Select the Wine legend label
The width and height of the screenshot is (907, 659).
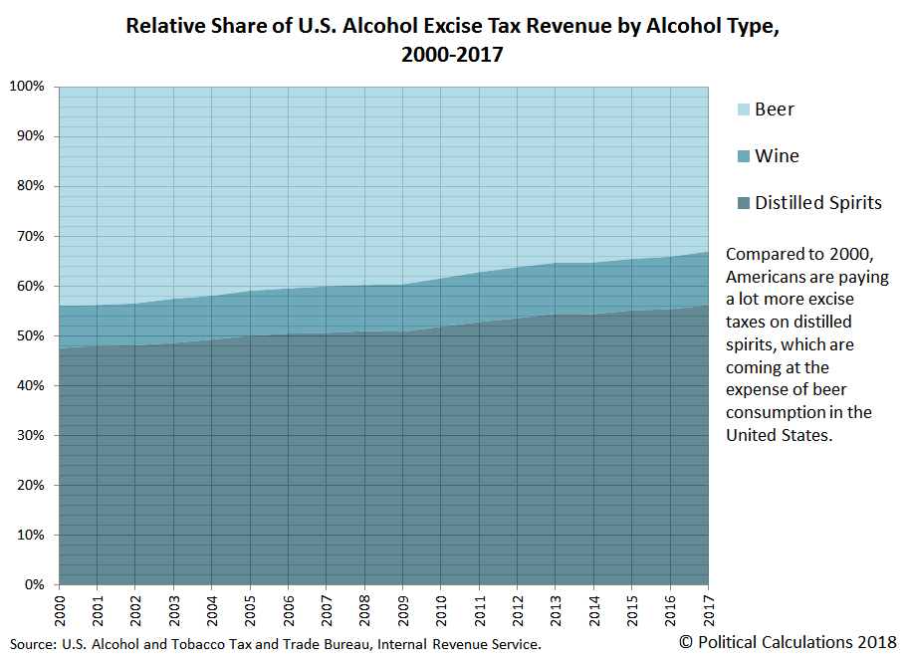coord(777,156)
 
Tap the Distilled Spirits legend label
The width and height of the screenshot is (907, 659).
coord(817,203)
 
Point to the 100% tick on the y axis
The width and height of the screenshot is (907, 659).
coord(26,87)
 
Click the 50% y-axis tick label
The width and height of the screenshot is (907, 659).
coord(29,336)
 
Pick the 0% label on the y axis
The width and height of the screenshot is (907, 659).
coord(33,585)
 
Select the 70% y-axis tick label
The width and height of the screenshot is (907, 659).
coord(29,237)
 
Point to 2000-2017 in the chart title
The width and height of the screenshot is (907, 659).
coord(453,56)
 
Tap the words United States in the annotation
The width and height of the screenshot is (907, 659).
coord(777,435)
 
